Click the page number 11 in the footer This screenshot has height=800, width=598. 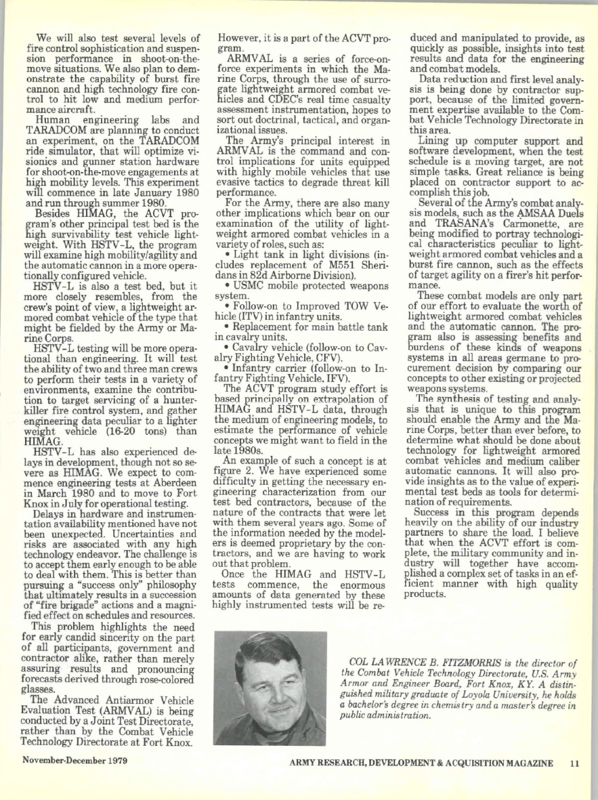point(574,763)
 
